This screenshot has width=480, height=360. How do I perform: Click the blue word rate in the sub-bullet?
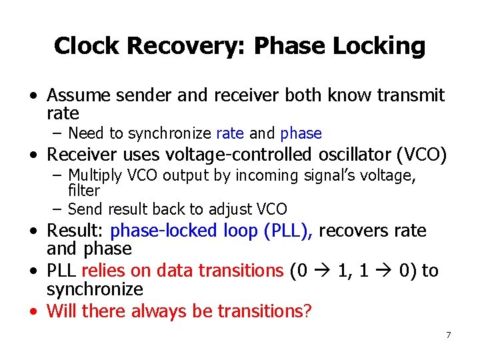click(x=230, y=133)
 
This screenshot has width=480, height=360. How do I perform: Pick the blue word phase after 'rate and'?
click(x=301, y=133)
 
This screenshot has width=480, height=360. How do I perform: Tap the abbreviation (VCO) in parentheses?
click(x=421, y=155)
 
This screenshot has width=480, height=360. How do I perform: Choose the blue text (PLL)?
click(x=289, y=231)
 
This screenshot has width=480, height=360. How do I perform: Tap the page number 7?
click(x=448, y=334)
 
